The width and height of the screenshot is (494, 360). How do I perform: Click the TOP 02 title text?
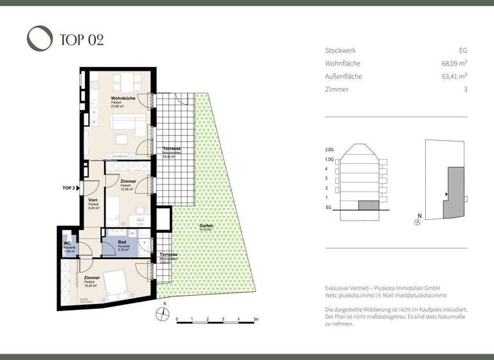point(82,39)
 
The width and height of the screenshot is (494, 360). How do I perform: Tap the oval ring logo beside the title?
point(39,38)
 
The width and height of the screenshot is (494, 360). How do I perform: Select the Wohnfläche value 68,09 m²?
point(454,64)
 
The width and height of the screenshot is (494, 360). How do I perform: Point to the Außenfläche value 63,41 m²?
point(454,76)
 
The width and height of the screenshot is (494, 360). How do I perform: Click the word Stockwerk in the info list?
point(340,50)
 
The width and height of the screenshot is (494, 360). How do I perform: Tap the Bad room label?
point(122,242)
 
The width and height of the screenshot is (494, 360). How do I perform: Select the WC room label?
point(67,243)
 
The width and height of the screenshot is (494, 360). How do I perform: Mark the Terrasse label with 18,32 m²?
point(171,149)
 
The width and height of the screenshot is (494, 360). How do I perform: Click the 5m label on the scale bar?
point(255,319)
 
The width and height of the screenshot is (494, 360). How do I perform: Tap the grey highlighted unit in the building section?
point(369,205)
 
